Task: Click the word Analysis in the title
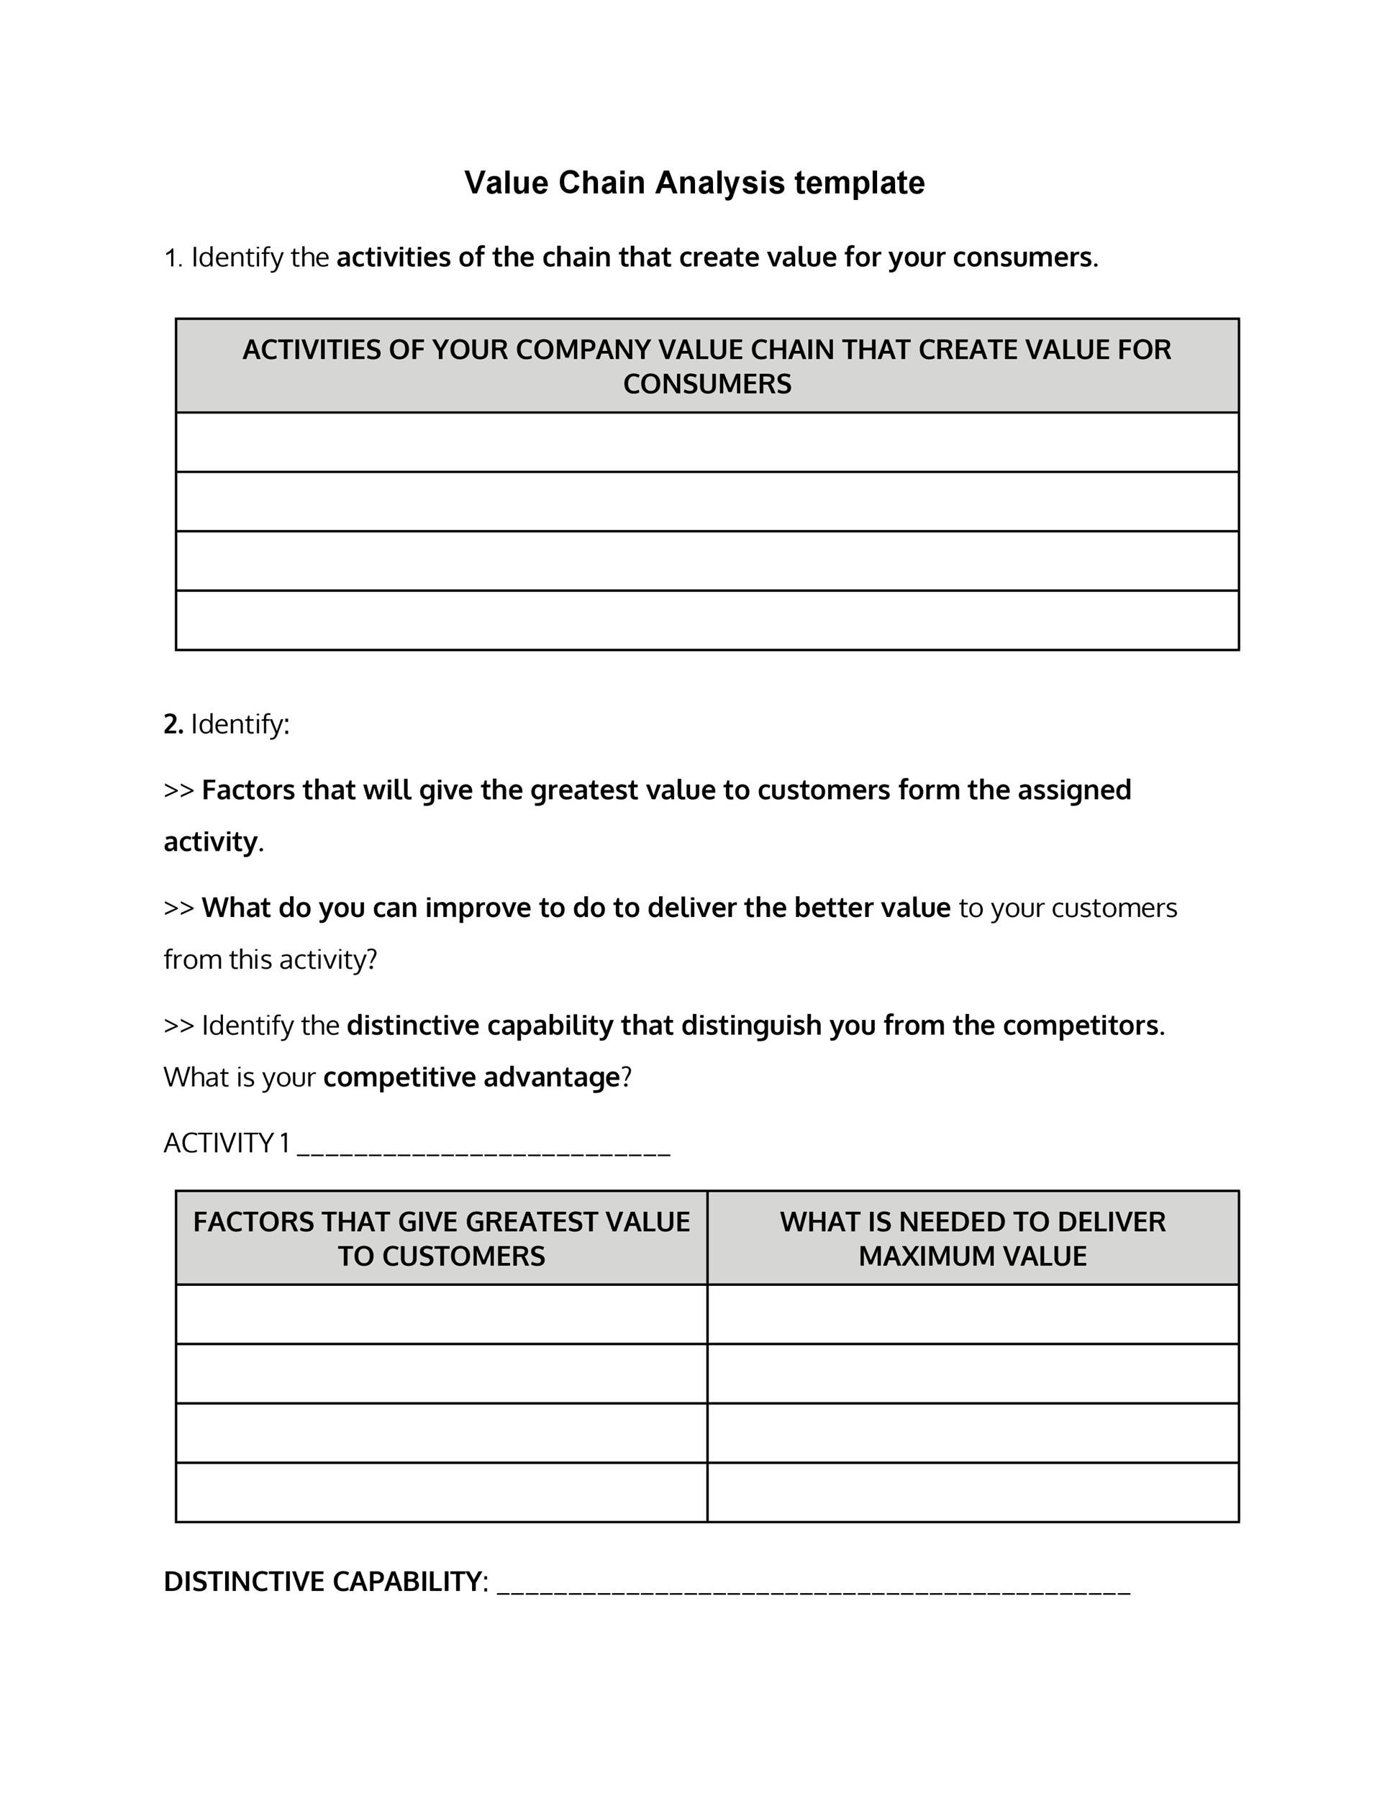719,183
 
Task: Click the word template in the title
859,183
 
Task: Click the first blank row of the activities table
707,442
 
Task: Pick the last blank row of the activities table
707,620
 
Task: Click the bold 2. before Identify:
173,724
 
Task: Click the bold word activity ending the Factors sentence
211,842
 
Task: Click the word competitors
1081,1026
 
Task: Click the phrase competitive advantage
471,1077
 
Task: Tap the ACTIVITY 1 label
227,1144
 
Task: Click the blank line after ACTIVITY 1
483,1149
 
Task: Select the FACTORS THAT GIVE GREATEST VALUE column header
441,1238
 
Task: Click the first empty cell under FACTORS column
441,1314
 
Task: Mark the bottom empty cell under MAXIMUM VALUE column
973,1492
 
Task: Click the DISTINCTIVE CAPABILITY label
323,1582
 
